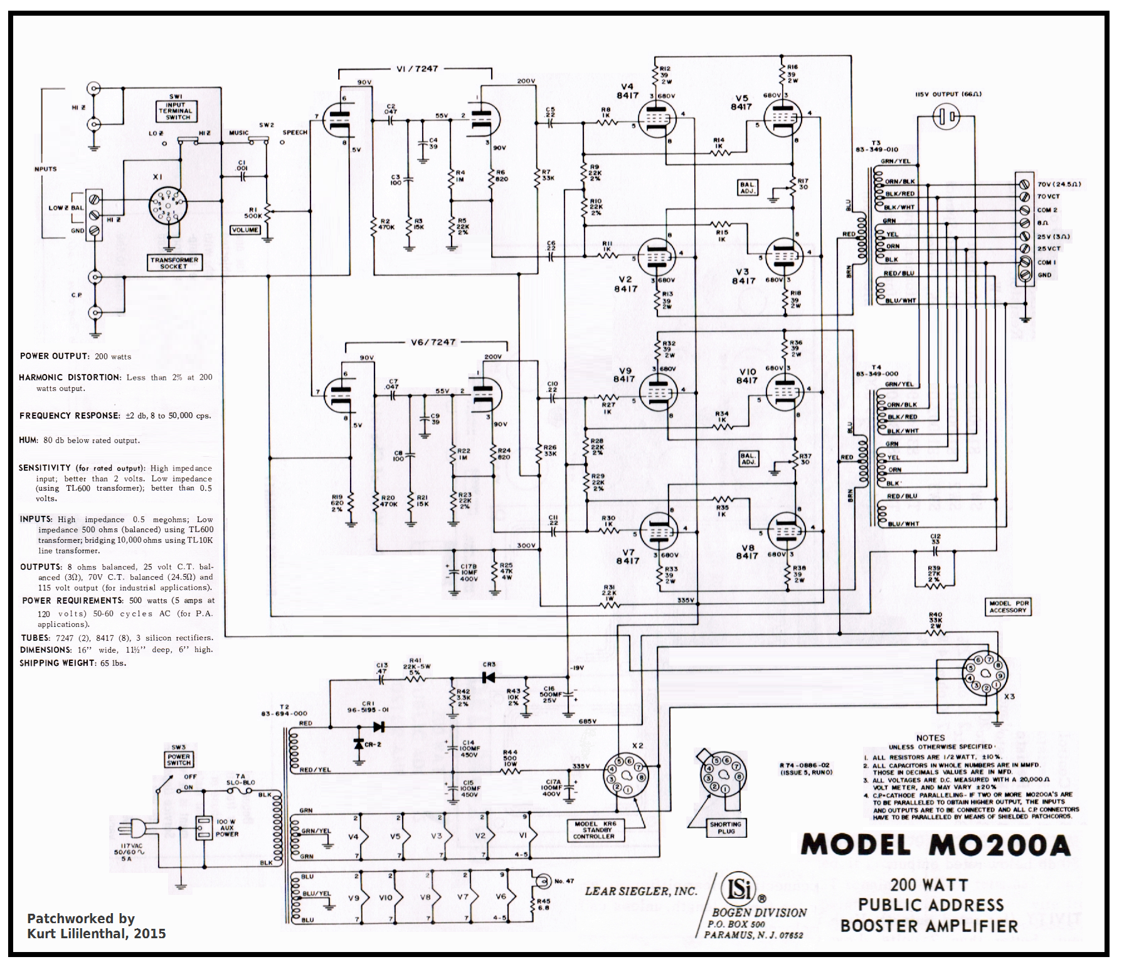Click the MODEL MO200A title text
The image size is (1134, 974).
click(x=935, y=845)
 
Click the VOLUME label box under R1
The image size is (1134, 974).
click(x=245, y=230)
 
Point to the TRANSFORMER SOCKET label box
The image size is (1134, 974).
click(x=174, y=263)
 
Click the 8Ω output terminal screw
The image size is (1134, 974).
click(x=1025, y=223)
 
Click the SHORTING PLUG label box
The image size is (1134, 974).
click(x=725, y=828)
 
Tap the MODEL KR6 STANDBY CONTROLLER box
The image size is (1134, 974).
click(x=593, y=830)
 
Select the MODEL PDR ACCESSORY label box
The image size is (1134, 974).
click(x=1008, y=606)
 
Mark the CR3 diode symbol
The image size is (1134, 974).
click(x=488, y=678)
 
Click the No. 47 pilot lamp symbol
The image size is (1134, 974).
click(x=540, y=880)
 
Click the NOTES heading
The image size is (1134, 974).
click(x=930, y=738)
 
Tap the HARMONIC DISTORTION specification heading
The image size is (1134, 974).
click(x=70, y=377)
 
